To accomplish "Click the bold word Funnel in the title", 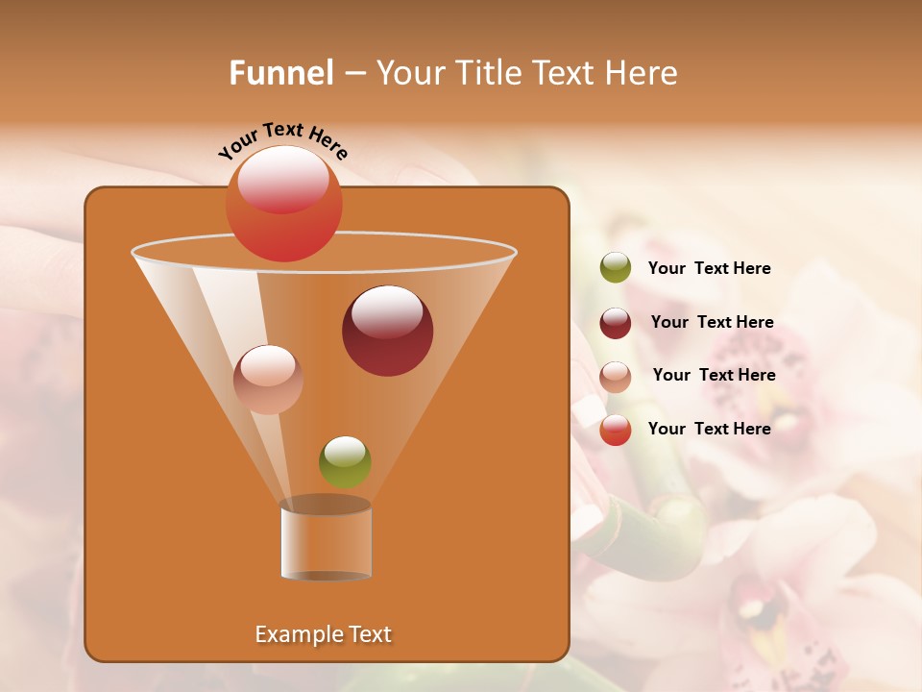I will (281, 73).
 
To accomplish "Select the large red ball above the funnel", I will (283, 204).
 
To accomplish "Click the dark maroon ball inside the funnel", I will (387, 331).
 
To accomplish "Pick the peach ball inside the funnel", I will (268, 380).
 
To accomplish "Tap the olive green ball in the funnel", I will (345, 461).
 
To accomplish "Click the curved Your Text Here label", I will (283, 139).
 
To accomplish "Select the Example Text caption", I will (324, 634).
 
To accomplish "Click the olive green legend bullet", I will (616, 268).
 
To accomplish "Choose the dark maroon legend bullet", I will (616, 323).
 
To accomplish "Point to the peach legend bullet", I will (616, 377).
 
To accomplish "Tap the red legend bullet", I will (616, 430).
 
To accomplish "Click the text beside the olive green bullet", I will (709, 269).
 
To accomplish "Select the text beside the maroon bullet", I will (712, 323).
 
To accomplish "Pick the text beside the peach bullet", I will (714, 376).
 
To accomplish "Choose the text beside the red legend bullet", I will (709, 429).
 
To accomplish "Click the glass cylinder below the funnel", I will (326, 540).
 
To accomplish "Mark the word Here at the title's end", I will (641, 73).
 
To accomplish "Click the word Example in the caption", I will (296, 634).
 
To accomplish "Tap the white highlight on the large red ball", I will (282, 178).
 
